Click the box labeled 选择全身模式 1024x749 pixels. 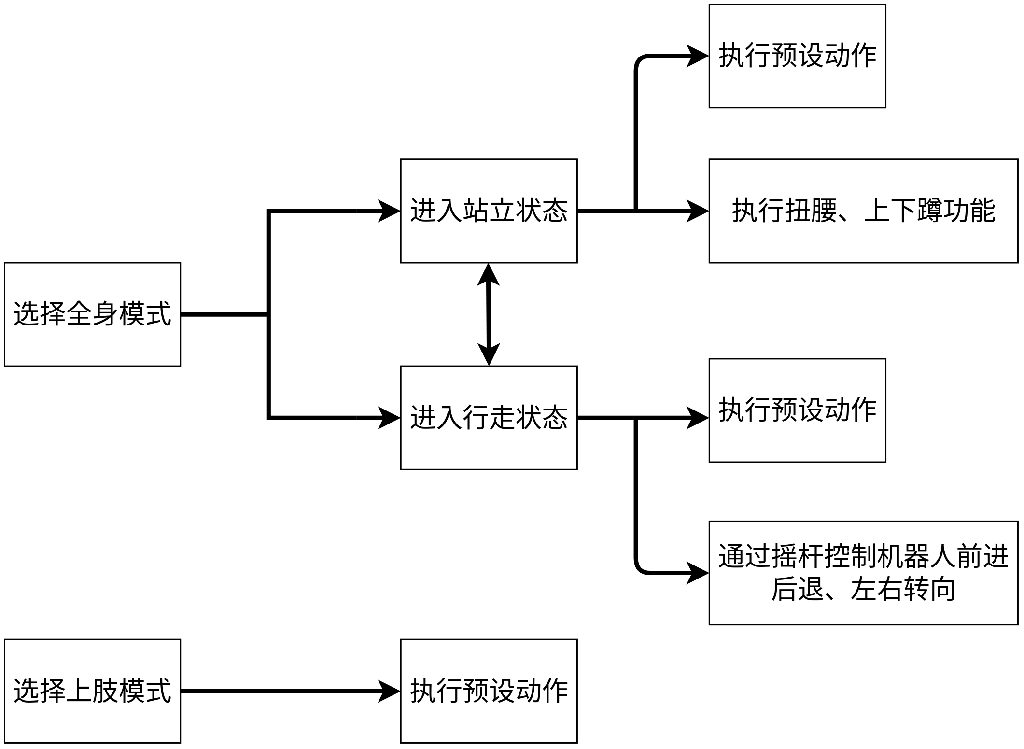[x=92, y=314]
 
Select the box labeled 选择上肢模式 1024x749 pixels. [x=92, y=691]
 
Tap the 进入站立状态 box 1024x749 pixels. [x=489, y=211]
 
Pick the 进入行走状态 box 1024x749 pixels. [x=489, y=418]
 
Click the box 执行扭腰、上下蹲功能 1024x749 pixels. [x=863, y=211]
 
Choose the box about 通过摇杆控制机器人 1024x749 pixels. [x=863, y=573]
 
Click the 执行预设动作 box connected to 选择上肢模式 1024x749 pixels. [x=489, y=691]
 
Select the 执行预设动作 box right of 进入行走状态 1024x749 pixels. [x=797, y=410]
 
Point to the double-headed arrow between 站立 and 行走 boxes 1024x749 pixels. [x=489, y=314]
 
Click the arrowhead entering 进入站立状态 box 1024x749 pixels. [x=389, y=211]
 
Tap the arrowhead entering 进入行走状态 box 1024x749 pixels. [x=389, y=418]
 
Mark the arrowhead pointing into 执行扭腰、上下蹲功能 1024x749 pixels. [x=698, y=211]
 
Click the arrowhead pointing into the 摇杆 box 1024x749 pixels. [x=698, y=573]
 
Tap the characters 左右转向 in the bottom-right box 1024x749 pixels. [x=903, y=590]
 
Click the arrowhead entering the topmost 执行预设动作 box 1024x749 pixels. [x=698, y=56]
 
